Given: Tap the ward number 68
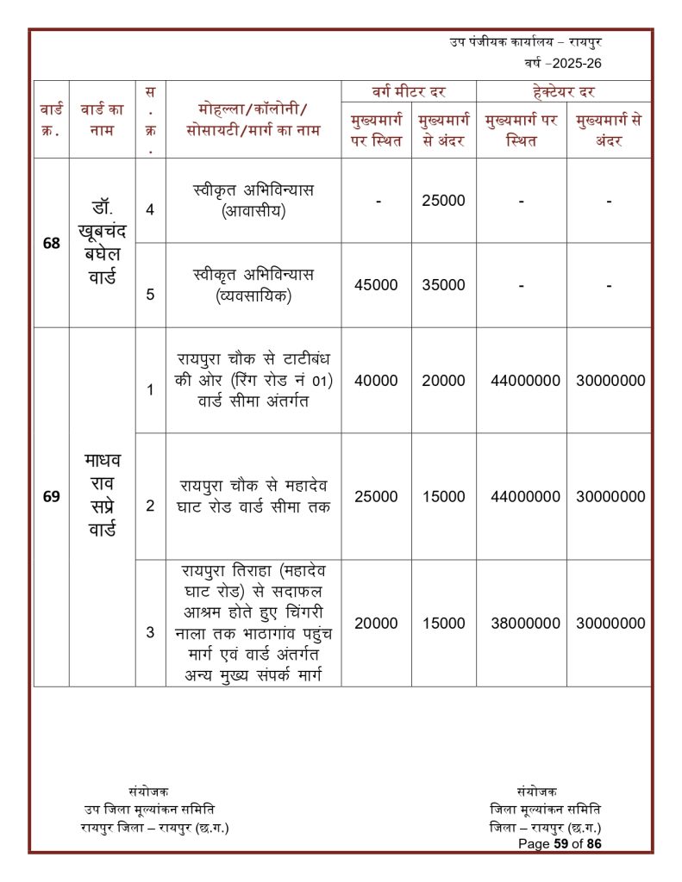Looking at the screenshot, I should tap(51, 243).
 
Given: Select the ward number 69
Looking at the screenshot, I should tap(51, 497).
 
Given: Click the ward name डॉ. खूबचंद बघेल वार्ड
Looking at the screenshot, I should tap(102, 243).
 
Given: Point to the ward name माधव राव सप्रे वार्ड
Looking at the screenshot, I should tap(102, 497).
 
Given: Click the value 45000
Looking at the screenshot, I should tap(377, 285).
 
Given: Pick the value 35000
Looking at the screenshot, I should tap(443, 285).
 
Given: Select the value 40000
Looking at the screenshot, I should tap(377, 380).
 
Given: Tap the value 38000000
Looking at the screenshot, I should tap(522, 624).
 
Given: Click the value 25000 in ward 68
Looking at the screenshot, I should tap(443, 201).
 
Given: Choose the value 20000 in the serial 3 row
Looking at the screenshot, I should tap(377, 624).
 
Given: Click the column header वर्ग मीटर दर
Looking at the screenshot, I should tap(409, 91).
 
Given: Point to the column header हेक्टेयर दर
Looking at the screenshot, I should tap(564, 91).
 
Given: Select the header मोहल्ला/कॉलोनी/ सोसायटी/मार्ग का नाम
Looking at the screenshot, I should tap(253, 120).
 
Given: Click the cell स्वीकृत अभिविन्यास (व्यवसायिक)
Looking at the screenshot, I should tap(253, 285).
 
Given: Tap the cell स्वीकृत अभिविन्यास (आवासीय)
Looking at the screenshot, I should tap(253, 201).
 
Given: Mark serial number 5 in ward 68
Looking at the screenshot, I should tap(150, 294).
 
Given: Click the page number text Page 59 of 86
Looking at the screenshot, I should tap(560, 844).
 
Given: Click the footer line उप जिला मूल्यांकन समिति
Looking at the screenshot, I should tap(149, 809).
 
